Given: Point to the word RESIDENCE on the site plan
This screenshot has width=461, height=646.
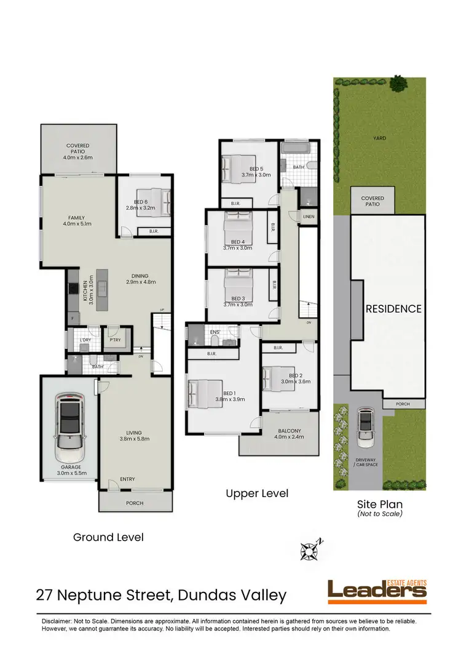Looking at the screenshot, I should pyautogui.click(x=394, y=308).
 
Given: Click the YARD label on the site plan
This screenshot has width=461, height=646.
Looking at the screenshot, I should pyautogui.click(x=380, y=138).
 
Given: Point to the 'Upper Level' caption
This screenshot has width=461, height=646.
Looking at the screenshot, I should pyautogui.click(x=256, y=493).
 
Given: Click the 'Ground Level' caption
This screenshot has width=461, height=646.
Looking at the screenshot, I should pyautogui.click(x=108, y=537).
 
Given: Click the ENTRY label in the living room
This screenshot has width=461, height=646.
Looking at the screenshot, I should pyautogui.click(x=127, y=479).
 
